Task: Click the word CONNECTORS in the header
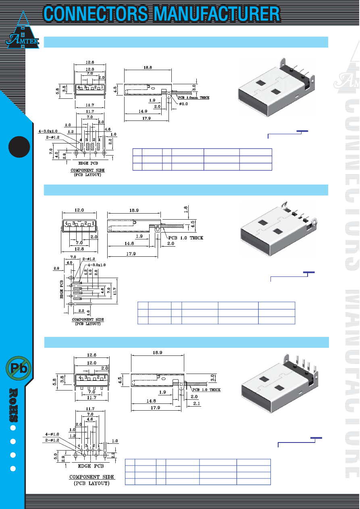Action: pyautogui.click(x=96, y=14)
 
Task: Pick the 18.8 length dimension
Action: pyautogui.click(x=148, y=68)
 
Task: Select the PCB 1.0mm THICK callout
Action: pyautogui.click(x=191, y=97)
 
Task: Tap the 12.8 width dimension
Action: pyautogui.click(x=79, y=249)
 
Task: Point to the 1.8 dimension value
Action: pyautogui.click(x=185, y=210)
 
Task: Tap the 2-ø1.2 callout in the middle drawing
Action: pyautogui.click(x=88, y=259)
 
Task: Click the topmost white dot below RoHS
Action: pyautogui.click(x=13, y=428)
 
